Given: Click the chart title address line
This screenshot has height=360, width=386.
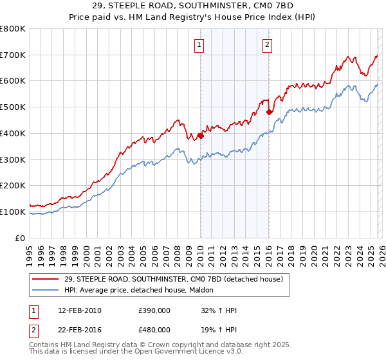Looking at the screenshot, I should [193, 6].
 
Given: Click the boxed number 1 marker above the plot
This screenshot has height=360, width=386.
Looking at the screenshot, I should [200, 45].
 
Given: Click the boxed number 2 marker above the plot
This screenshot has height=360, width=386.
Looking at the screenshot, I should [267, 45].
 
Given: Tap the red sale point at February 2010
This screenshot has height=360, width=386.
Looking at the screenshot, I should [201, 136].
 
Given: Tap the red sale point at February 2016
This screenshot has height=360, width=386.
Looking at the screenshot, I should [269, 113].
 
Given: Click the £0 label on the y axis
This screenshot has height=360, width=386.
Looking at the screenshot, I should [19, 238].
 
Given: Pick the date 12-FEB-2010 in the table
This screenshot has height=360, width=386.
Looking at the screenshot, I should [80, 310].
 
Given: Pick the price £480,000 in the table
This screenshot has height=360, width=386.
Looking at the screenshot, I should [154, 329].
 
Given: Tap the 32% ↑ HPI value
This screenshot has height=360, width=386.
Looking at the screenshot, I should [219, 310].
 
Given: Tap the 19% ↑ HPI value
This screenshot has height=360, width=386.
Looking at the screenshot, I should [219, 329].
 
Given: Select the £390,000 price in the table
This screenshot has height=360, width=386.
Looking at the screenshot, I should [154, 310].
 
